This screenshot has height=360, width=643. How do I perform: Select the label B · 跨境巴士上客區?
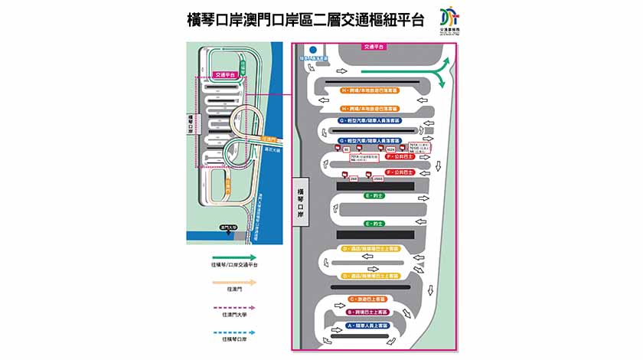click(x=368, y=312)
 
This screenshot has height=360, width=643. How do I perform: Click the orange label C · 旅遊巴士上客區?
click(x=368, y=298)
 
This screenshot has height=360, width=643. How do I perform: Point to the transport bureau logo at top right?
click(x=452, y=21)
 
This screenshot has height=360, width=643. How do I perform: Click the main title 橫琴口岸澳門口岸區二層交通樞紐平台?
click(x=305, y=20)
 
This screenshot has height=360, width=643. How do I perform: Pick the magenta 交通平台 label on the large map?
click(x=374, y=47)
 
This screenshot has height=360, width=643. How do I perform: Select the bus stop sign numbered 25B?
click(x=354, y=178)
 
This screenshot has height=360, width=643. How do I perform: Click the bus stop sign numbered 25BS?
click(x=378, y=178)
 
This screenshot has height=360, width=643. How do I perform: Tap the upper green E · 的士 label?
click(x=374, y=195)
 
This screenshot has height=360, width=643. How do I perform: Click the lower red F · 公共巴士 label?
click(x=400, y=173)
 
